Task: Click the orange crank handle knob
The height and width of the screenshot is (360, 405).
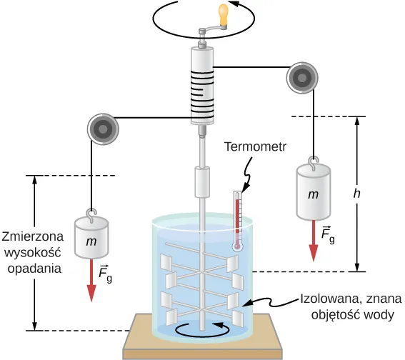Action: [x=224, y=15]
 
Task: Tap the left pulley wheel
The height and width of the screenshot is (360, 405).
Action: [x=103, y=129]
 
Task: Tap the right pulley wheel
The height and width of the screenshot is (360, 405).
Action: [x=302, y=78]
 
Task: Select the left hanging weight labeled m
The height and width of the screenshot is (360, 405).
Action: [x=91, y=237]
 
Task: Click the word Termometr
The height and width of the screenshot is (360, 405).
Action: [x=255, y=146]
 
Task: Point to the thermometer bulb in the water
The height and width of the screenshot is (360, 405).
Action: [x=238, y=246]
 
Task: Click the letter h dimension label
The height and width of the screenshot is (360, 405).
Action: [x=356, y=194]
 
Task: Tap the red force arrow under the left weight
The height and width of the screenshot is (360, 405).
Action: [x=91, y=280]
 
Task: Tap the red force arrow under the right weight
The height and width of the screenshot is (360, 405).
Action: [x=314, y=241]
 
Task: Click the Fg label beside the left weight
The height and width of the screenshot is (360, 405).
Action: [x=105, y=274]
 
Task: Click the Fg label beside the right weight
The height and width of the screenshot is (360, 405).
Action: [x=328, y=235]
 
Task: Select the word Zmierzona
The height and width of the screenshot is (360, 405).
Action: [x=33, y=236]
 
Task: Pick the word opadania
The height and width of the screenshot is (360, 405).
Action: [x=34, y=269]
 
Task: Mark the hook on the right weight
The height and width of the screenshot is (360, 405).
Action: [x=314, y=164]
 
